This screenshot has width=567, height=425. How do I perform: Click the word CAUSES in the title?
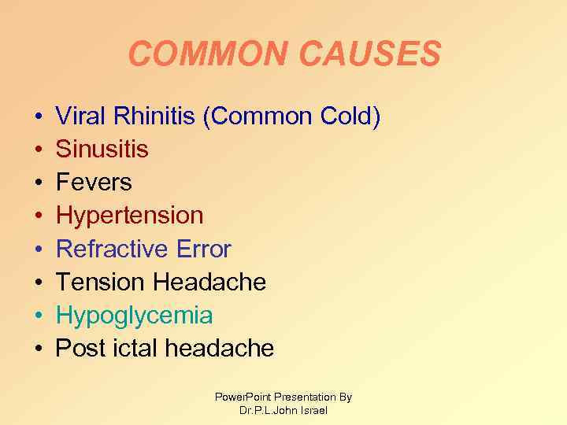(x=365, y=54)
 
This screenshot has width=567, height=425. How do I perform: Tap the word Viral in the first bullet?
(x=83, y=116)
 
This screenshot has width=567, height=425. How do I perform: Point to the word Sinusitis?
(x=102, y=150)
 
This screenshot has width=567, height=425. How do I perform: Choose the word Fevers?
(x=93, y=183)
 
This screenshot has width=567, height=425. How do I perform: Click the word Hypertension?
(x=129, y=216)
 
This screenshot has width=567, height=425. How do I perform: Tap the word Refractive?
(x=111, y=249)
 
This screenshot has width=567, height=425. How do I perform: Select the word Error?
(x=202, y=249)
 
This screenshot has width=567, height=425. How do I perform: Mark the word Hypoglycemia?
(x=134, y=316)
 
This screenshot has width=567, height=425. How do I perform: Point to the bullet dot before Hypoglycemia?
(x=39, y=316)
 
